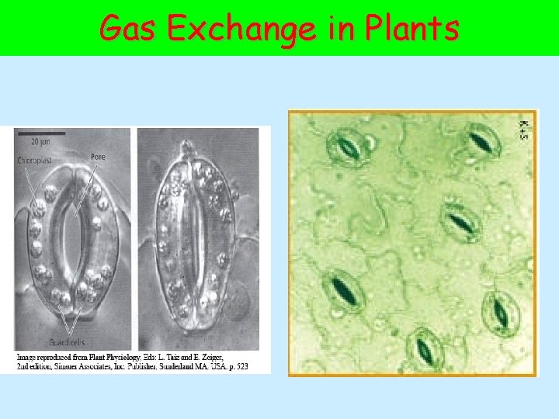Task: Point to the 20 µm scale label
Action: coord(41,142)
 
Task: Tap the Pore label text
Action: coord(97,157)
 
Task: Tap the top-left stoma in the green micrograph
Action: coord(345,144)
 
